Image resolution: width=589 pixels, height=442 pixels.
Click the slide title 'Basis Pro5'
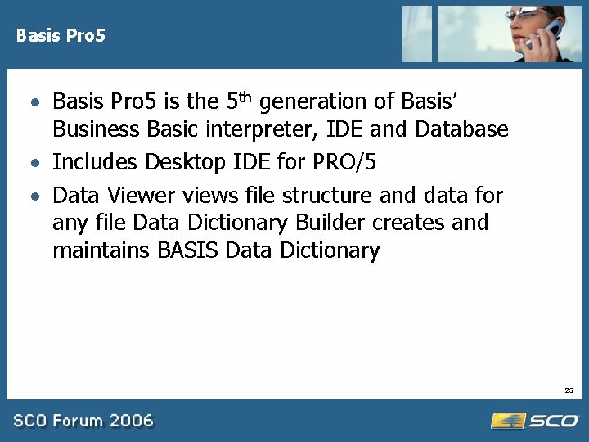(61, 36)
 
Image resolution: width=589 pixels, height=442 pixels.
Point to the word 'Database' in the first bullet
(461, 129)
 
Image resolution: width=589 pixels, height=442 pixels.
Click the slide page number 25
(569, 390)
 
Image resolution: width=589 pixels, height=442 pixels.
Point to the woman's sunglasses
(528, 15)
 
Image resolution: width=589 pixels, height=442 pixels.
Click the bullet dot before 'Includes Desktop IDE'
(36, 163)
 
